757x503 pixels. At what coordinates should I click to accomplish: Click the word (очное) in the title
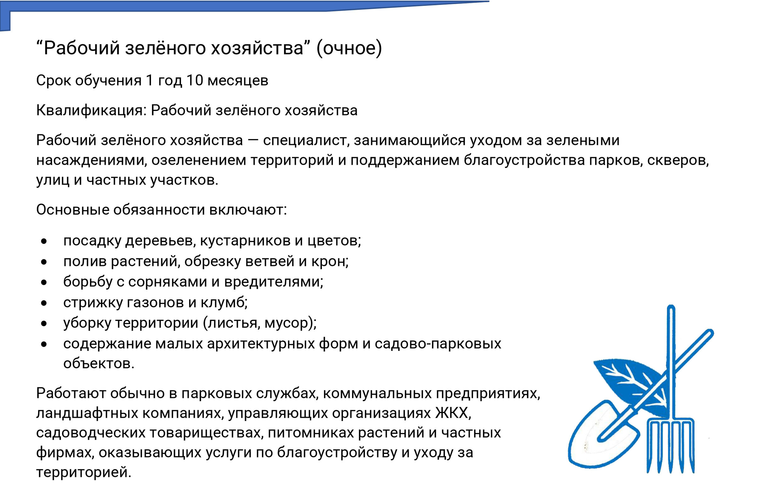349,48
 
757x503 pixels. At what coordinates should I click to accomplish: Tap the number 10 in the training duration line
194,80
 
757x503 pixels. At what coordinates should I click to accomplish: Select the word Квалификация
91,111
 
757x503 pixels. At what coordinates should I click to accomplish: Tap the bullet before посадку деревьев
44,241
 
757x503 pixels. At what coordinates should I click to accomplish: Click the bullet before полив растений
44,262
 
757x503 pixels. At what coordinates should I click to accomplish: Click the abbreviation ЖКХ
453,413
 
